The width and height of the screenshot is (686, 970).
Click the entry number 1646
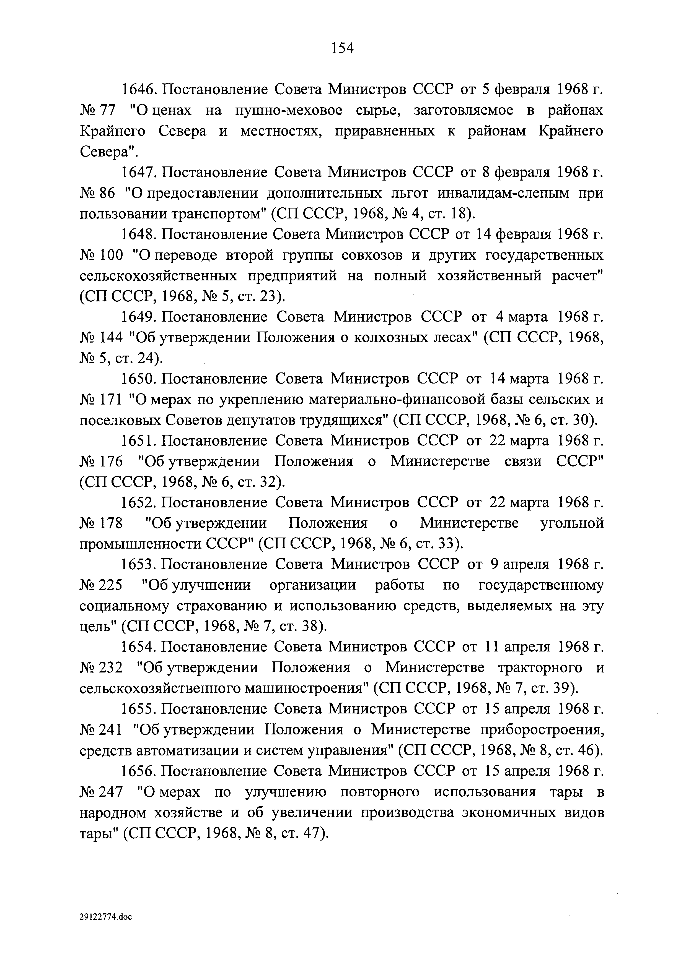pos(139,90)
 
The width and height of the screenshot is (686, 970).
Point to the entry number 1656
pos(139,771)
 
